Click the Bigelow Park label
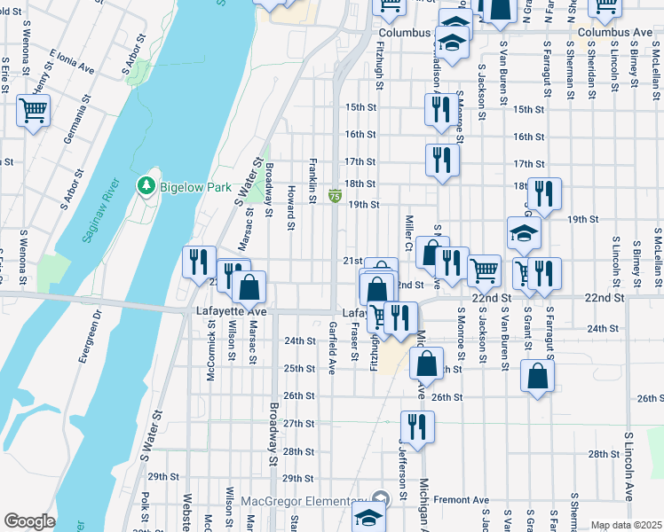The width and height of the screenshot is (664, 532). click(x=194, y=187)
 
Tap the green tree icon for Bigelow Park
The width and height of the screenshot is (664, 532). click(x=145, y=186)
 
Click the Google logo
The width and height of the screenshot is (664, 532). click(x=29, y=521)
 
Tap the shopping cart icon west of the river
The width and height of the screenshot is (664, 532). click(x=34, y=112)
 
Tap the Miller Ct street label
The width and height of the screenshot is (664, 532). click(x=409, y=232)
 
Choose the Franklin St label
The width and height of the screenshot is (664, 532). click(x=313, y=180)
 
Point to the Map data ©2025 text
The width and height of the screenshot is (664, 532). click(x=625, y=525)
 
